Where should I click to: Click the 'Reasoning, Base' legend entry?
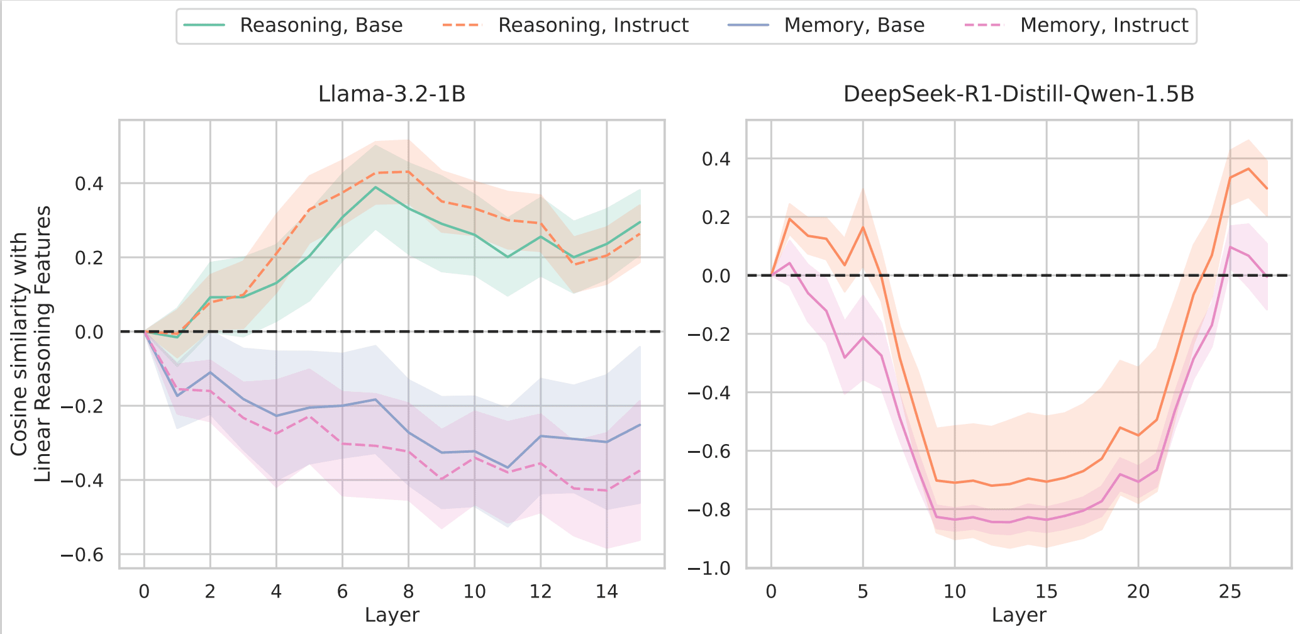pos(321,25)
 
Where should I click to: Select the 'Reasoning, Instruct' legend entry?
pos(593,25)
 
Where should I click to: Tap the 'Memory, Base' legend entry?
pos(854,25)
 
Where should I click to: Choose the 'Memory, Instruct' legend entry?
pos(1104,25)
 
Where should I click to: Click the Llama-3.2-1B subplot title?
pos(392,94)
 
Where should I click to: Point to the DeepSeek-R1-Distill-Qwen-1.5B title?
pos(1018,94)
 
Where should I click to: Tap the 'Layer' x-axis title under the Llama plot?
pos(392,615)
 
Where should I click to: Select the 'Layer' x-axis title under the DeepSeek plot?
pos(1019,615)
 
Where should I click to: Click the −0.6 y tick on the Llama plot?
pos(81,555)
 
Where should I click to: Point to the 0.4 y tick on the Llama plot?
pos(89,184)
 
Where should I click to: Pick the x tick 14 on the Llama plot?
pos(606,592)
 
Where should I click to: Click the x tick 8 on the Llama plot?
pos(408,592)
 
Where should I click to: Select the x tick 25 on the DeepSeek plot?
pos(1230,592)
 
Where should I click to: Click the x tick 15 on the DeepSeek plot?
pos(1047,592)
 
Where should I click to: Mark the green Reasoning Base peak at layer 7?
pos(375,187)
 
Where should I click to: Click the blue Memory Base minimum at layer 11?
pos(508,467)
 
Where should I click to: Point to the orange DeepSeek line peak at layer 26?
pos(1248,169)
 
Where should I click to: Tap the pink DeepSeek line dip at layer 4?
pos(845,358)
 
